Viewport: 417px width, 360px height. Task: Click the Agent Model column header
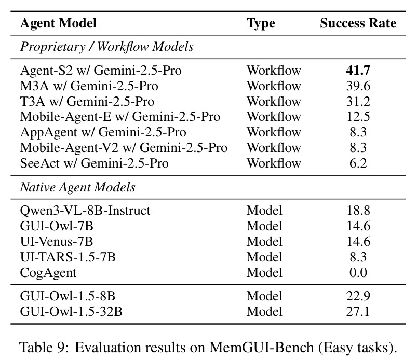click(58, 23)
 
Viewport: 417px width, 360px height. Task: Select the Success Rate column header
click(358, 23)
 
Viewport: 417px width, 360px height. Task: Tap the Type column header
click(261, 24)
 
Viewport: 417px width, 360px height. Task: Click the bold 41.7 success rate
click(358, 71)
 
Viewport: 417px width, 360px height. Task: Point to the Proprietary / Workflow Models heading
click(106, 47)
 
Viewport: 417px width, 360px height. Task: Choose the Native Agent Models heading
click(78, 187)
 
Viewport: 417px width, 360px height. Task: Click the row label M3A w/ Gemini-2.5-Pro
click(89, 86)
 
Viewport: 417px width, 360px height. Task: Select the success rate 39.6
click(358, 86)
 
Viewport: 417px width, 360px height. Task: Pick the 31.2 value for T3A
click(358, 102)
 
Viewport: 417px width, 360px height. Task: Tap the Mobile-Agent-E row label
click(120, 117)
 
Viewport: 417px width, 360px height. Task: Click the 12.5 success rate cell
click(358, 117)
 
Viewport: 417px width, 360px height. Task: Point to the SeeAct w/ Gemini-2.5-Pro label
click(95, 163)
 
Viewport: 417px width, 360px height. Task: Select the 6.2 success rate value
click(358, 163)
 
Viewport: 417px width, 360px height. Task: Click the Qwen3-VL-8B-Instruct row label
click(85, 211)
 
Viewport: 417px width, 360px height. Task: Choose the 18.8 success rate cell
click(358, 211)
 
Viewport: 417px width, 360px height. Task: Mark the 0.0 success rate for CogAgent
click(358, 272)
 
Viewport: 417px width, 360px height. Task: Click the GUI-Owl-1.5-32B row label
click(71, 312)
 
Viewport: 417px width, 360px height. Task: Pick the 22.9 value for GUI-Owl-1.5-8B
click(358, 296)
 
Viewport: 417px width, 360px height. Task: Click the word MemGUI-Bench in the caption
click(261, 347)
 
